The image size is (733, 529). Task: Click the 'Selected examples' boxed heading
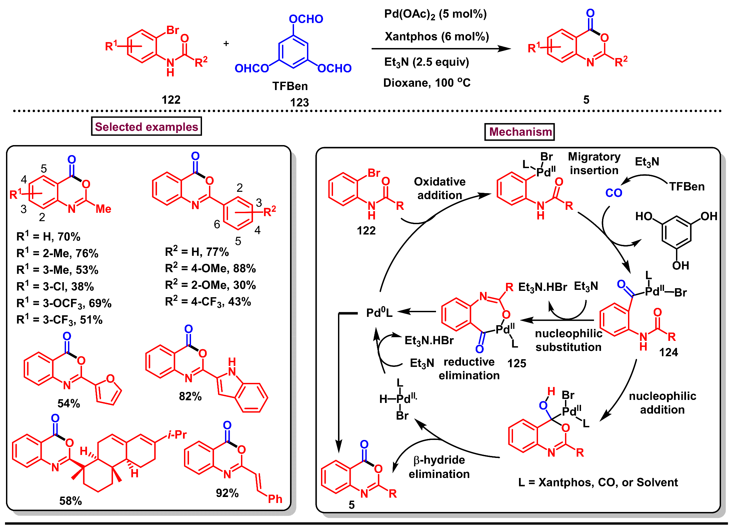(x=146, y=126)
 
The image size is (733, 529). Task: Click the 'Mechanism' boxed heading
(x=520, y=132)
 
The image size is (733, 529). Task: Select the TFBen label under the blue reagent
(x=290, y=86)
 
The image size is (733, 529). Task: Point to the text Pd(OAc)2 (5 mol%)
(x=435, y=14)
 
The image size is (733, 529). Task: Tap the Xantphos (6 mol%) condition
(x=437, y=36)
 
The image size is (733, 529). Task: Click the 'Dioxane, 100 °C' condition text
(x=427, y=83)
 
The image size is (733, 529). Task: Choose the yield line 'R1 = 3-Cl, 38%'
(x=55, y=287)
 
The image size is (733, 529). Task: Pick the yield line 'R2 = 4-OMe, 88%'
(x=210, y=268)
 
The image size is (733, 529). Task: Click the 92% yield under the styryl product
(x=227, y=493)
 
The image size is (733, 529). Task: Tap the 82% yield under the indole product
(x=190, y=396)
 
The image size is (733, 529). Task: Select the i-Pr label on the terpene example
(x=177, y=435)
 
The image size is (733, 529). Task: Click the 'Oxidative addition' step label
(x=440, y=188)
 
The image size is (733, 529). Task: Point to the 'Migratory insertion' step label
(x=594, y=163)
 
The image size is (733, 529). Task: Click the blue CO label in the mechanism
(x=614, y=193)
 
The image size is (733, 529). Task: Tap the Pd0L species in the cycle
(x=379, y=313)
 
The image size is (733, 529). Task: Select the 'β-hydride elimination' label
(x=439, y=467)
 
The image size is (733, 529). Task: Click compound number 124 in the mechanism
(x=668, y=352)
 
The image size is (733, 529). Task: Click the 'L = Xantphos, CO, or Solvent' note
(x=598, y=482)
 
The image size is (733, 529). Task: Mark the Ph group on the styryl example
(x=275, y=499)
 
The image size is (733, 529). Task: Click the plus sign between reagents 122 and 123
(x=226, y=44)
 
